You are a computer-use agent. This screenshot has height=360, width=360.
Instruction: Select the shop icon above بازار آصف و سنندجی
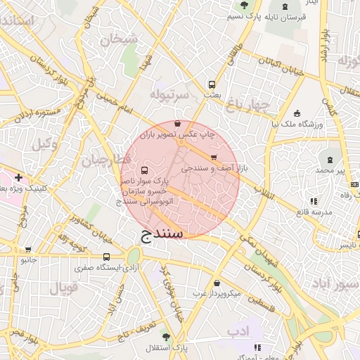pyautogui.click(x=214, y=157)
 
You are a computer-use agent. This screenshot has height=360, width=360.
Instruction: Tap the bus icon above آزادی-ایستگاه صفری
pyautogui.click(x=106, y=257)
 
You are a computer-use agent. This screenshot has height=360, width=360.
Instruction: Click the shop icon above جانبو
pyautogui.click(x=28, y=249)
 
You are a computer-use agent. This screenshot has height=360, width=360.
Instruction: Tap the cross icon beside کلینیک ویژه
pyautogui.click(x=18, y=177)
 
